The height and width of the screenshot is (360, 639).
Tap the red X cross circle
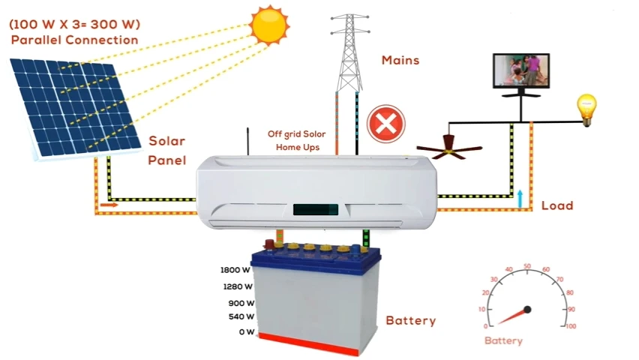385,122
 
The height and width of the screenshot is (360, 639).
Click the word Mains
400,59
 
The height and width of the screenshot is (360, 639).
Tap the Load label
556,205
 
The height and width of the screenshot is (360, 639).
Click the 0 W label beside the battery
247,331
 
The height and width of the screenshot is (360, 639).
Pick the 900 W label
241,304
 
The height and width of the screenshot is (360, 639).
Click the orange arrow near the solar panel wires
109,203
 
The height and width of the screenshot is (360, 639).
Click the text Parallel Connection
74,40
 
